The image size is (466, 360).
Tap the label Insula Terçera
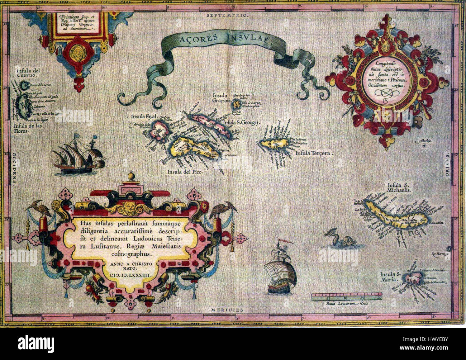coord(314,154)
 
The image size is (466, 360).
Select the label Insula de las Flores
coord(25,128)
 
